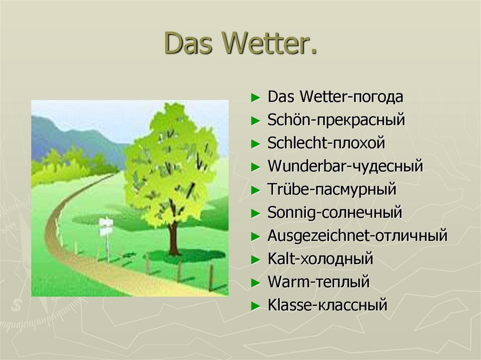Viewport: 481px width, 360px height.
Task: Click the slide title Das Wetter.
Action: pyautogui.click(x=240, y=43)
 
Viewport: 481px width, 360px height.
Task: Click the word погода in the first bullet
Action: pyautogui.click(x=378, y=97)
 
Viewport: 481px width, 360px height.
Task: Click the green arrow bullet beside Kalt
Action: pyautogui.click(x=256, y=260)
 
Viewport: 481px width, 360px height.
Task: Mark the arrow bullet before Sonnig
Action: pyautogui.click(x=256, y=213)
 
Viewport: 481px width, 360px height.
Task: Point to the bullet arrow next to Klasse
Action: pyautogui.click(x=256, y=306)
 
